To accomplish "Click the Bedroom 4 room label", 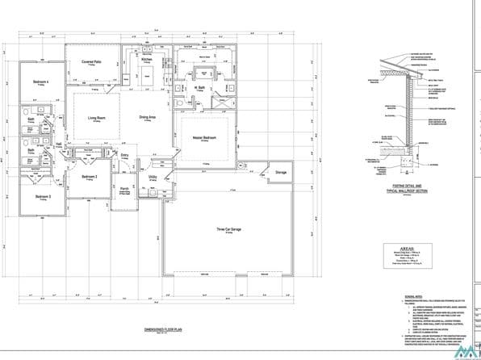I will (41, 82).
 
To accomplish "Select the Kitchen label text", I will (147, 60).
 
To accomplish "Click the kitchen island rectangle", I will (148, 77).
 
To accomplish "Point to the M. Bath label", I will (202, 87).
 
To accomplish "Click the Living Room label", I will (97, 118).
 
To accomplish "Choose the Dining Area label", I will (147, 118).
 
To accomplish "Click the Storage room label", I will (281, 172).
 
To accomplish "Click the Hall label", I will (59, 144).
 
